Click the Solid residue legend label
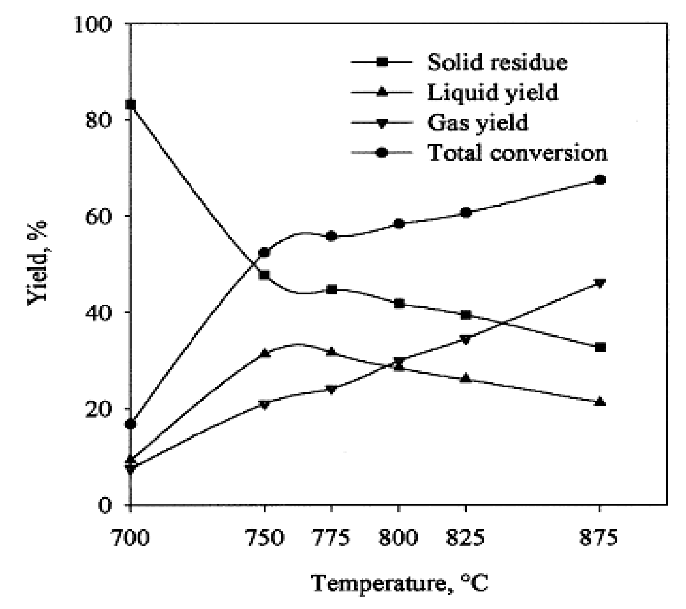pyautogui.click(x=497, y=62)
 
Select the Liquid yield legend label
pyautogui.click(x=492, y=93)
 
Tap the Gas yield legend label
pyautogui.click(x=477, y=123)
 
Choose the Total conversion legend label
pyautogui.click(x=517, y=153)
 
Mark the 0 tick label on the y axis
pyautogui.click(x=105, y=505)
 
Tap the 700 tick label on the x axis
pyautogui.click(x=131, y=538)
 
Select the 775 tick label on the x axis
pyautogui.click(x=331, y=538)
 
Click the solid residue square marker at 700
pyautogui.click(x=131, y=105)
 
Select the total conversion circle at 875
pyautogui.click(x=600, y=180)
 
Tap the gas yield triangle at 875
pyautogui.click(x=600, y=283)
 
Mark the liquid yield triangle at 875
pyautogui.click(x=600, y=402)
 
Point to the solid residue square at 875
pyautogui.click(x=600, y=347)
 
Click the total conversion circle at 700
pyautogui.click(x=131, y=424)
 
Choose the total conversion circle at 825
pyautogui.click(x=466, y=213)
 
